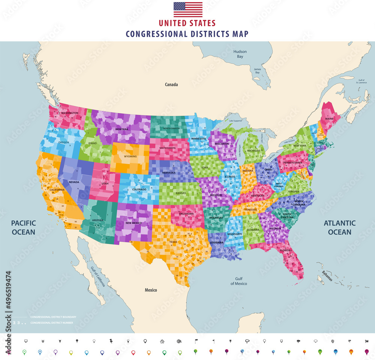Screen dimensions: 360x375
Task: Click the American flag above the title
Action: [x=188, y=9]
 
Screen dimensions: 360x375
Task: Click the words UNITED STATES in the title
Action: [x=187, y=23]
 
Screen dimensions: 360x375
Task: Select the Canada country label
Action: [x=171, y=85]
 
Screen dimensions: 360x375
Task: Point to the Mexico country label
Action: [x=151, y=290]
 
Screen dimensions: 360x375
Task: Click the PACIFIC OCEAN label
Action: [x=23, y=227]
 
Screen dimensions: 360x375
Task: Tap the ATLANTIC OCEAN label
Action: [x=340, y=227]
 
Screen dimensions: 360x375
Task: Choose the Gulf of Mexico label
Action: [x=238, y=281]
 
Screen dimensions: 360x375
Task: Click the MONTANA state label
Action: [x=121, y=129]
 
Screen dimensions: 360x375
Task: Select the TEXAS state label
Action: [x=173, y=242]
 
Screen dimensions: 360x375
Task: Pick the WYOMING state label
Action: [x=130, y=156]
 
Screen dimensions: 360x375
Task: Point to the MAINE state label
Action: [x=329, y=119]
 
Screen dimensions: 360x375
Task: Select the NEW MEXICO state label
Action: [x=133, y=223]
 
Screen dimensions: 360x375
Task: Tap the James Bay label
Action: [x=257, y=71]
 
